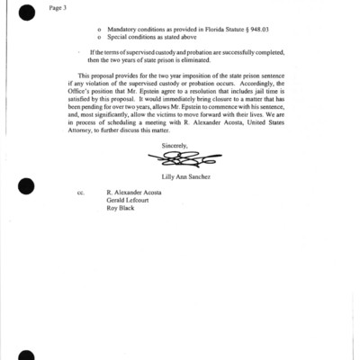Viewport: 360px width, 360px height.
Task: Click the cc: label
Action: point(80,217)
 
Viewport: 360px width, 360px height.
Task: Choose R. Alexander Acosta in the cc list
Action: point(135,217)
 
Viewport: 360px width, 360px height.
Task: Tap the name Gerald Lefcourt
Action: point(129,226)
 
